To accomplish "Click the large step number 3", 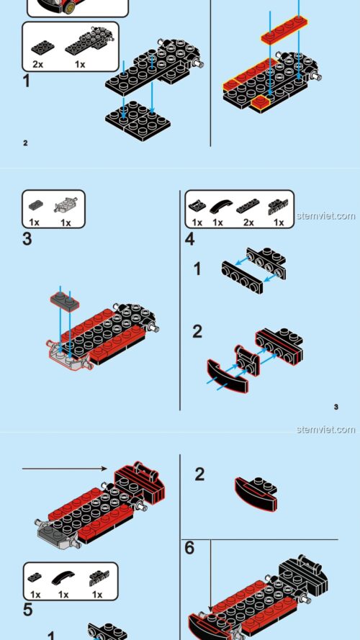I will (x=27, y=239).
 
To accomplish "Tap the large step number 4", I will (x=189, y=239).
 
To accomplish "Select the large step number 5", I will (x=27, y=610).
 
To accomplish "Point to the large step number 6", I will (x=189, y=548).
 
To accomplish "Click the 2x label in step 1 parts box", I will (x=38, y=64).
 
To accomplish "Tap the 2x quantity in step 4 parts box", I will (x=248, y=222).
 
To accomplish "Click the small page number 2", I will (x=25, y=143).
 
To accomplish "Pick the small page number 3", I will (x=336, y=407).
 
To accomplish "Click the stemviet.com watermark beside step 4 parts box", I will (x=325, y=215).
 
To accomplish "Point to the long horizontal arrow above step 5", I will (x=65, y=469).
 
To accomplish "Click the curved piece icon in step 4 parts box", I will (x=217, y=205).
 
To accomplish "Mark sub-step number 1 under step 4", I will (x=197, y=270).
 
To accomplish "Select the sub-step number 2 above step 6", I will (x=199, y=474).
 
